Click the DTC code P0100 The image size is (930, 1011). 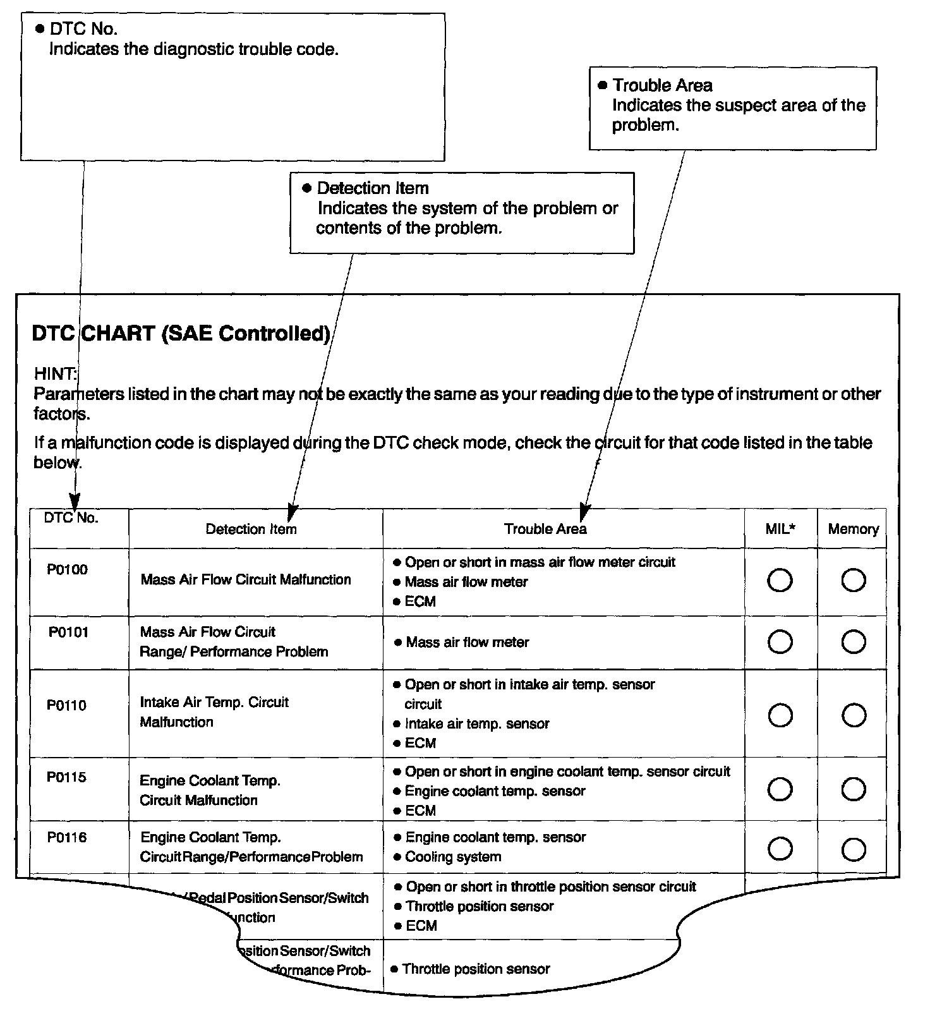pyautogui.click(x=67, y=569)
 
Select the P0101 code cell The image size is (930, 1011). pyautogui.click(x=68, y=632)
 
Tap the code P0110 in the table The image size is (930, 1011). pyautogui.click(x=66, y=705)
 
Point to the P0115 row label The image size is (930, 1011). pyautogui.click(x=66, y=777)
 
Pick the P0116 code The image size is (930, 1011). pyautogui.click(x=67, y=837)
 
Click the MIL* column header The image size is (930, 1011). pyautogui.click(x=780, y=529)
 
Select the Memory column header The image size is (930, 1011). pyautogui.click(x=853, y=529)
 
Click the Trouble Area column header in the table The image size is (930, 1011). pyautogui.click(x=545, y=529)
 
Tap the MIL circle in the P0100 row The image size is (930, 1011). pyautogui.click(x=780, y=580)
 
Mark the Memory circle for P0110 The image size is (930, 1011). pyautogui.click(x=854, y=715)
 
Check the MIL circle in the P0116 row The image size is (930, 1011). pyautogui.click(x=780, y=849)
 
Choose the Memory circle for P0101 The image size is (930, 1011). pyautogui.click(x=854, y=642)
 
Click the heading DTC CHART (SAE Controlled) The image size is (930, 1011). pyautogui.click(x=181, y=333)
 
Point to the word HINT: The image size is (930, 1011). pyautogui.click(x=56, y=373)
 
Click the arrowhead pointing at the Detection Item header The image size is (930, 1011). pyautogui.click(x=291, y=511)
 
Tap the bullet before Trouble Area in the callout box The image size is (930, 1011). pyautogui.click(x=602, y=85)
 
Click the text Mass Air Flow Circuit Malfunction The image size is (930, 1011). pyautogui.click(x=246, y=579)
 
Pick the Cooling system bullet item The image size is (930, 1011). pyautogui.click(x=453, y=857)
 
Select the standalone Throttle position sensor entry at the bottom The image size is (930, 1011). pyautogui.click(x=476, y=969)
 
